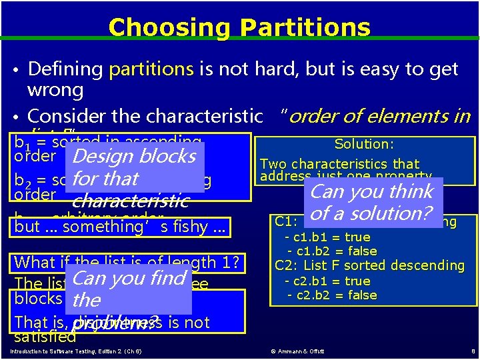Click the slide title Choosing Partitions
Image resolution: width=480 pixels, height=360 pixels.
pos(239,27)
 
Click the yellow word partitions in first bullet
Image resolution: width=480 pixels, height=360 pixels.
pos(151,69)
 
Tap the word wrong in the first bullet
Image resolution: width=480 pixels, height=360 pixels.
pos(55,90)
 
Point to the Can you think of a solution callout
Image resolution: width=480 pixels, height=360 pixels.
pos(372,203)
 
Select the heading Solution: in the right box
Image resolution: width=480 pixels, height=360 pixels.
pos(364,144)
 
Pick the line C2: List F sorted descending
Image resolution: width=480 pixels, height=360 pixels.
pos(369,265)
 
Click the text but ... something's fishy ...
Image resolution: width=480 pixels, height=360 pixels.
pos(120,227)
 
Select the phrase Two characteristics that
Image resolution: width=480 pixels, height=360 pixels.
pos(339,164)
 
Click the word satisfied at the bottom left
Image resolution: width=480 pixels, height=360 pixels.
pos(45,337)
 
